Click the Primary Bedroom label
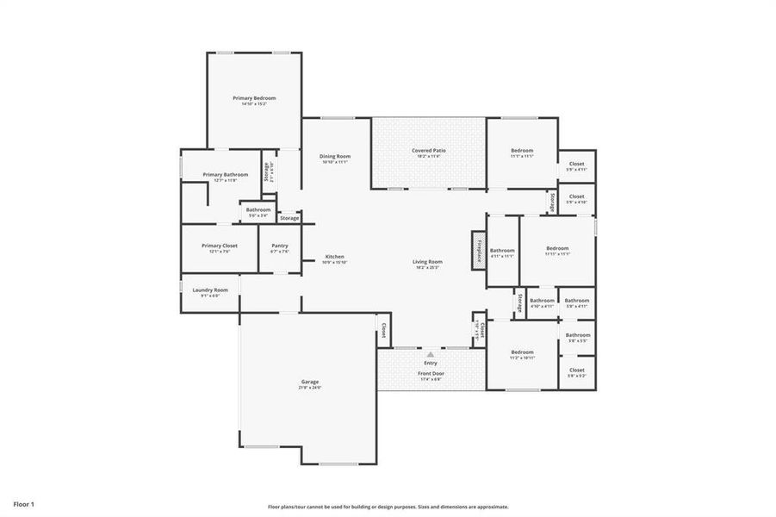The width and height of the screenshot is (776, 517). coord(254,98)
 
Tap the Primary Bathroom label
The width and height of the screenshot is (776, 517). coord(225,175)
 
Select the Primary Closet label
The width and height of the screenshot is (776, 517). coord(219,246)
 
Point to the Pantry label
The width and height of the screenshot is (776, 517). coord(279,246)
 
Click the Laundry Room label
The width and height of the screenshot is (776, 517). coord(209,290)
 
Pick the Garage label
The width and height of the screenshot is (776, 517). coord(309,382)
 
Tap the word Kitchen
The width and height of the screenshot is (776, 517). coord(334,257)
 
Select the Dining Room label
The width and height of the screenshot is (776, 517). coord(334,156)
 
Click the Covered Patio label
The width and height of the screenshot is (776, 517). coord(428,150)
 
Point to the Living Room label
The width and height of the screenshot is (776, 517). coord(427,262)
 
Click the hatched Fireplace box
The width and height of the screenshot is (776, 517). coord(478,249)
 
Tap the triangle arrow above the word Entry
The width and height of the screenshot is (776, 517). coord(430,353)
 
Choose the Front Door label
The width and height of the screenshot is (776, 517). coord(430,373)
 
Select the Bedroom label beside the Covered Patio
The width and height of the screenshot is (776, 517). coord(521,150)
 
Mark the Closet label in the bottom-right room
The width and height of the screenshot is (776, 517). coord(576,370)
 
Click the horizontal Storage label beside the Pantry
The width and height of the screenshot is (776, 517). coord(289,218)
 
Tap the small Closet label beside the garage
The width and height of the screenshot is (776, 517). coord(383,329)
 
